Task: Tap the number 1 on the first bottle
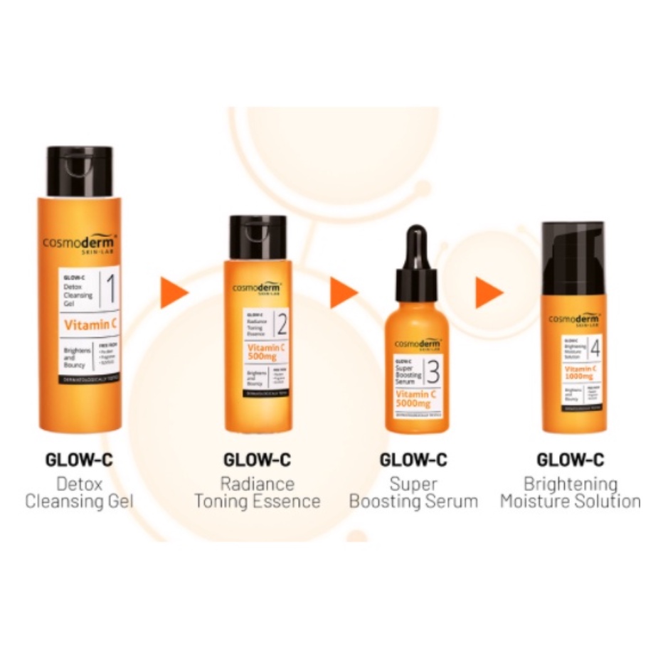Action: coord(110,290)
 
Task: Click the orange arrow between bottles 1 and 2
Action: coord(173,292)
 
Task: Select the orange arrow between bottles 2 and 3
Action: coord(343,292)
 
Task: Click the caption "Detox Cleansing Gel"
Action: coord(79,492)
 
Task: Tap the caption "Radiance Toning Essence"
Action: coord(257,492)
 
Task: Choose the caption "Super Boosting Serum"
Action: coord(413,492)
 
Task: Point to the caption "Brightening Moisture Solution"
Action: coord(570,492)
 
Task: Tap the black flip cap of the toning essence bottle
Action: coord(258,237)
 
